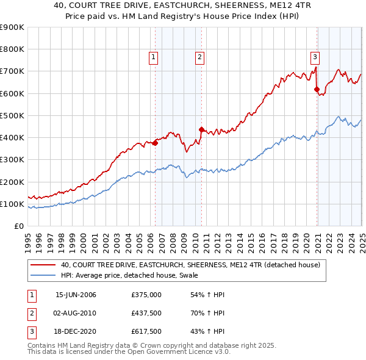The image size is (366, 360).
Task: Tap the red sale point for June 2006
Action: [x=155, y=143]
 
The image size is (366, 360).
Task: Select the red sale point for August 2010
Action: [x=201, y=129]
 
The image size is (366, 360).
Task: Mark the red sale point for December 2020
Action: [x=317, y=90]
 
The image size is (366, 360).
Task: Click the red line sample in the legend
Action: [x=43, y=265]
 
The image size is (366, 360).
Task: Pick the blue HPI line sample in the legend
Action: [x=43, y=276]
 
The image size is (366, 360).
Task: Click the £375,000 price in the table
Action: [x=146, y=295]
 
